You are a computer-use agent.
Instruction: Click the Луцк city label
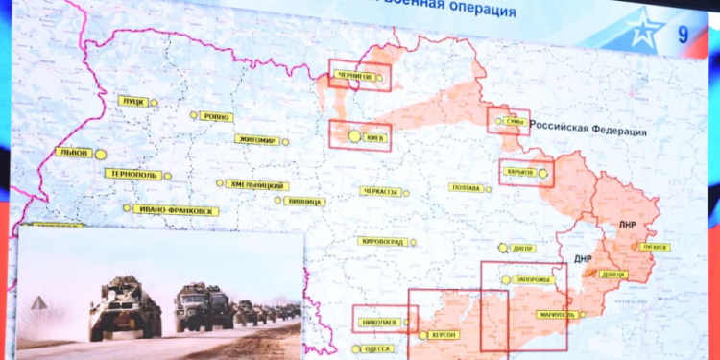pyautogui.click(x=132, y=100)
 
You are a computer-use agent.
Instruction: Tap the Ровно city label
pyautogui.click(x=218, y=117)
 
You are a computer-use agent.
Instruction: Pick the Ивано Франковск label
pyautogui.click(x=177, y=210)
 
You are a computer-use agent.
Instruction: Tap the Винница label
pyautogui.click(x=306, y=202)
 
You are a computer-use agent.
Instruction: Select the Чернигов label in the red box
pyautogui.click(x=354, y=75)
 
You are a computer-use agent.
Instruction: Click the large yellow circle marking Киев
pyautogui.click(x=354, y=136)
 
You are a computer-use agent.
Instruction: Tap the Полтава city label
pyautogui.click(x=466, y=188)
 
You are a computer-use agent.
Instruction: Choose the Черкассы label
pyautogui.click(x=379, y=191)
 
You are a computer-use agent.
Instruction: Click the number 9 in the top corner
pyautogui.click(x=683, y=36)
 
